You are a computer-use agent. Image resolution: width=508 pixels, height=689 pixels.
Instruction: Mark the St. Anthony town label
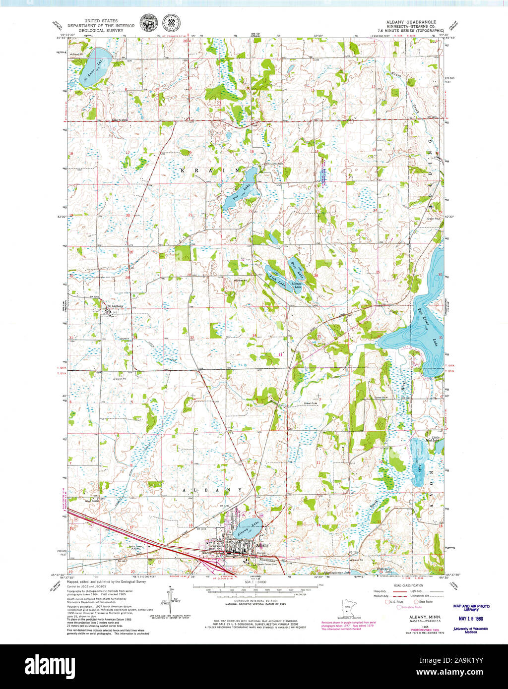[x=115, y=306]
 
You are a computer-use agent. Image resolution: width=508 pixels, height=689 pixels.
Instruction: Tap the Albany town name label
[x=262, y=545]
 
